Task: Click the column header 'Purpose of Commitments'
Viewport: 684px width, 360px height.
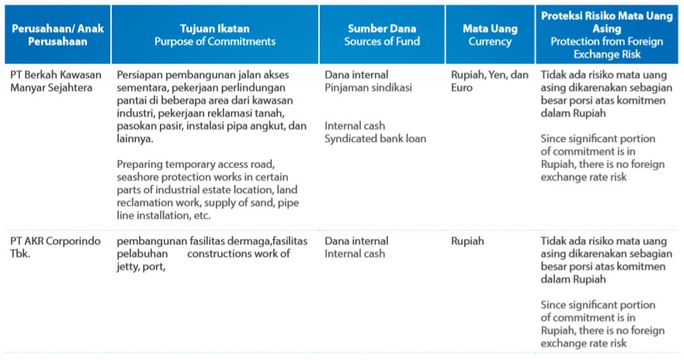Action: (x=214, y=41)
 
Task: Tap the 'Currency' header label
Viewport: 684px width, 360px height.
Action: (x=490, y=41)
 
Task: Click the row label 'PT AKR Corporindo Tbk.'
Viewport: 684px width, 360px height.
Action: (x=51, y=247)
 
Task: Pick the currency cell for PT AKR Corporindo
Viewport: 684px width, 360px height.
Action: (x=467, y=241)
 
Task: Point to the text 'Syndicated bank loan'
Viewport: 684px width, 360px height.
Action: (x=376, y=138)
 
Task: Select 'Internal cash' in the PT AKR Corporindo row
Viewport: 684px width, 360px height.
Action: (x=355, y=254)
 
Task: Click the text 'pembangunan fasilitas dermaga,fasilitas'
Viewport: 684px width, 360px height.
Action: (x=213, y=241)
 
